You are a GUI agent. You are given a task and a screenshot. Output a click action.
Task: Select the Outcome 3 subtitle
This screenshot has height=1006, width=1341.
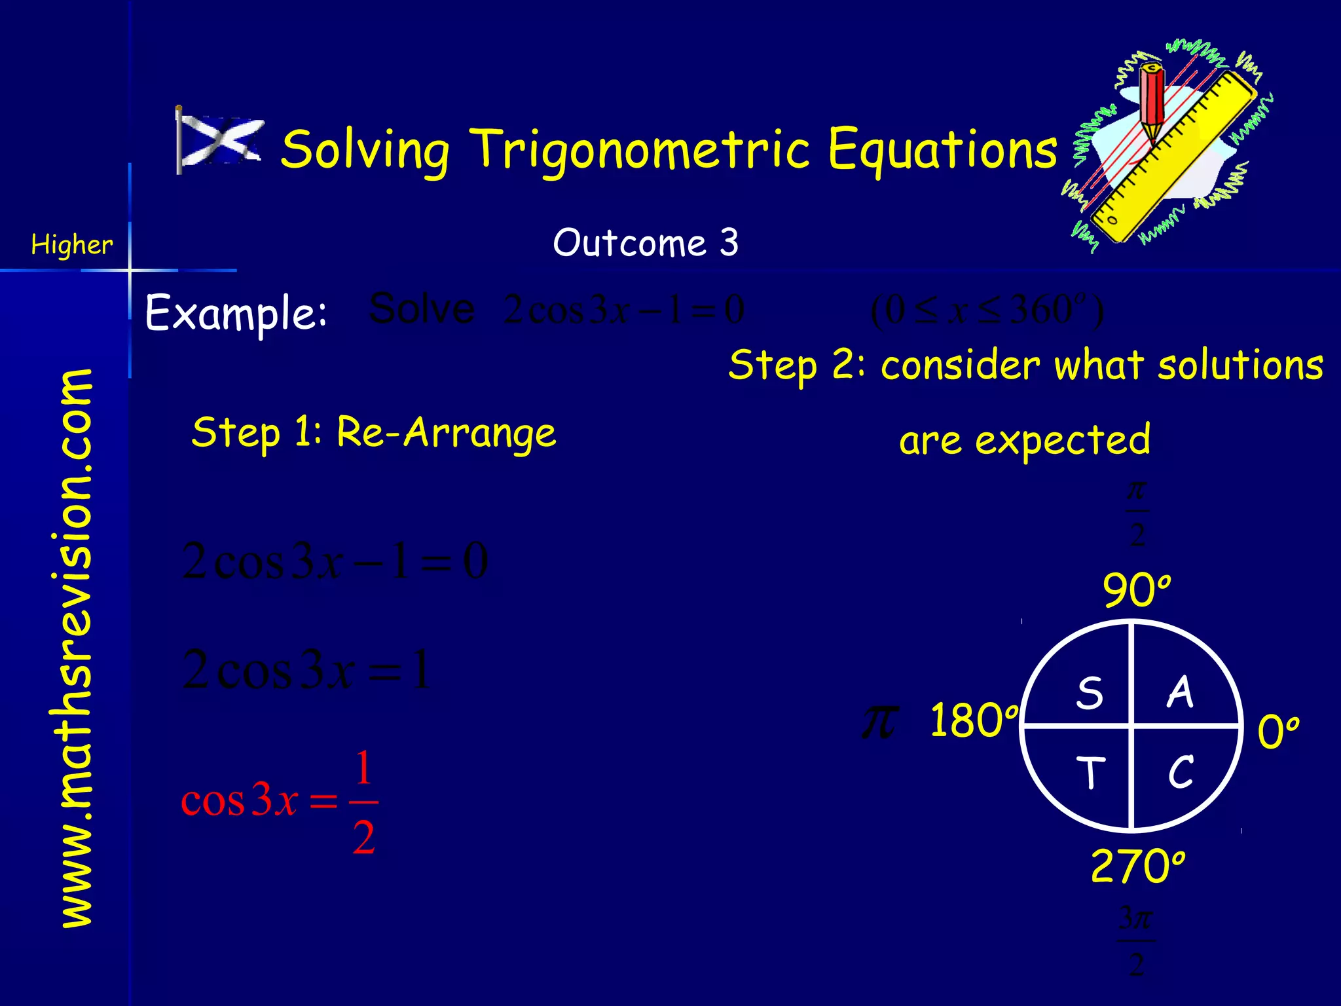click(646, 243)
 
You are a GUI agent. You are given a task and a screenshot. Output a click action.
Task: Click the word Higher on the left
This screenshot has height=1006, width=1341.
click(72, 245)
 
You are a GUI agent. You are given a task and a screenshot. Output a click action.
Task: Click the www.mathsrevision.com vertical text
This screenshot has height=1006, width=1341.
click(76, 648)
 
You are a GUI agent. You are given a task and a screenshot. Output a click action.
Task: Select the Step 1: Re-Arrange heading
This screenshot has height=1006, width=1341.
click(374, 433)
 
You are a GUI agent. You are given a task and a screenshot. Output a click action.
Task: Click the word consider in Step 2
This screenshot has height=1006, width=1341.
click(960, 365)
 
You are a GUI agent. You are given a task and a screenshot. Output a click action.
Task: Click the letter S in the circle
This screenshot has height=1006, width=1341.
click(1089, 693)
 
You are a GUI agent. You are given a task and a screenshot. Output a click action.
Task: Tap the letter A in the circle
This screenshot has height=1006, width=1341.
click(1180, 692)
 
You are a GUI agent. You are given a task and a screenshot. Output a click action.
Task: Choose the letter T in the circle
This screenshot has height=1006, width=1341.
click(1090, 773)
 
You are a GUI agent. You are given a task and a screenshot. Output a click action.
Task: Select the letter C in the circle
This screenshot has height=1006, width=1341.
click(1181, 772)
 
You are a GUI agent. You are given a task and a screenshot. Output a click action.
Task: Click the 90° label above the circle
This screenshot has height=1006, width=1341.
click(1135, 590)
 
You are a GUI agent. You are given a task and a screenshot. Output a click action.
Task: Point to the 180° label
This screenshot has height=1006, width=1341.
click(973, 720)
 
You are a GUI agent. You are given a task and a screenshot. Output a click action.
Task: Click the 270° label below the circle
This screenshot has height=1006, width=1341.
click(1137, 866)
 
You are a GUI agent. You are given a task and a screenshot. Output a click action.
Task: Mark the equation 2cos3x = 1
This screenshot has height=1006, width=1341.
click(306, 670)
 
